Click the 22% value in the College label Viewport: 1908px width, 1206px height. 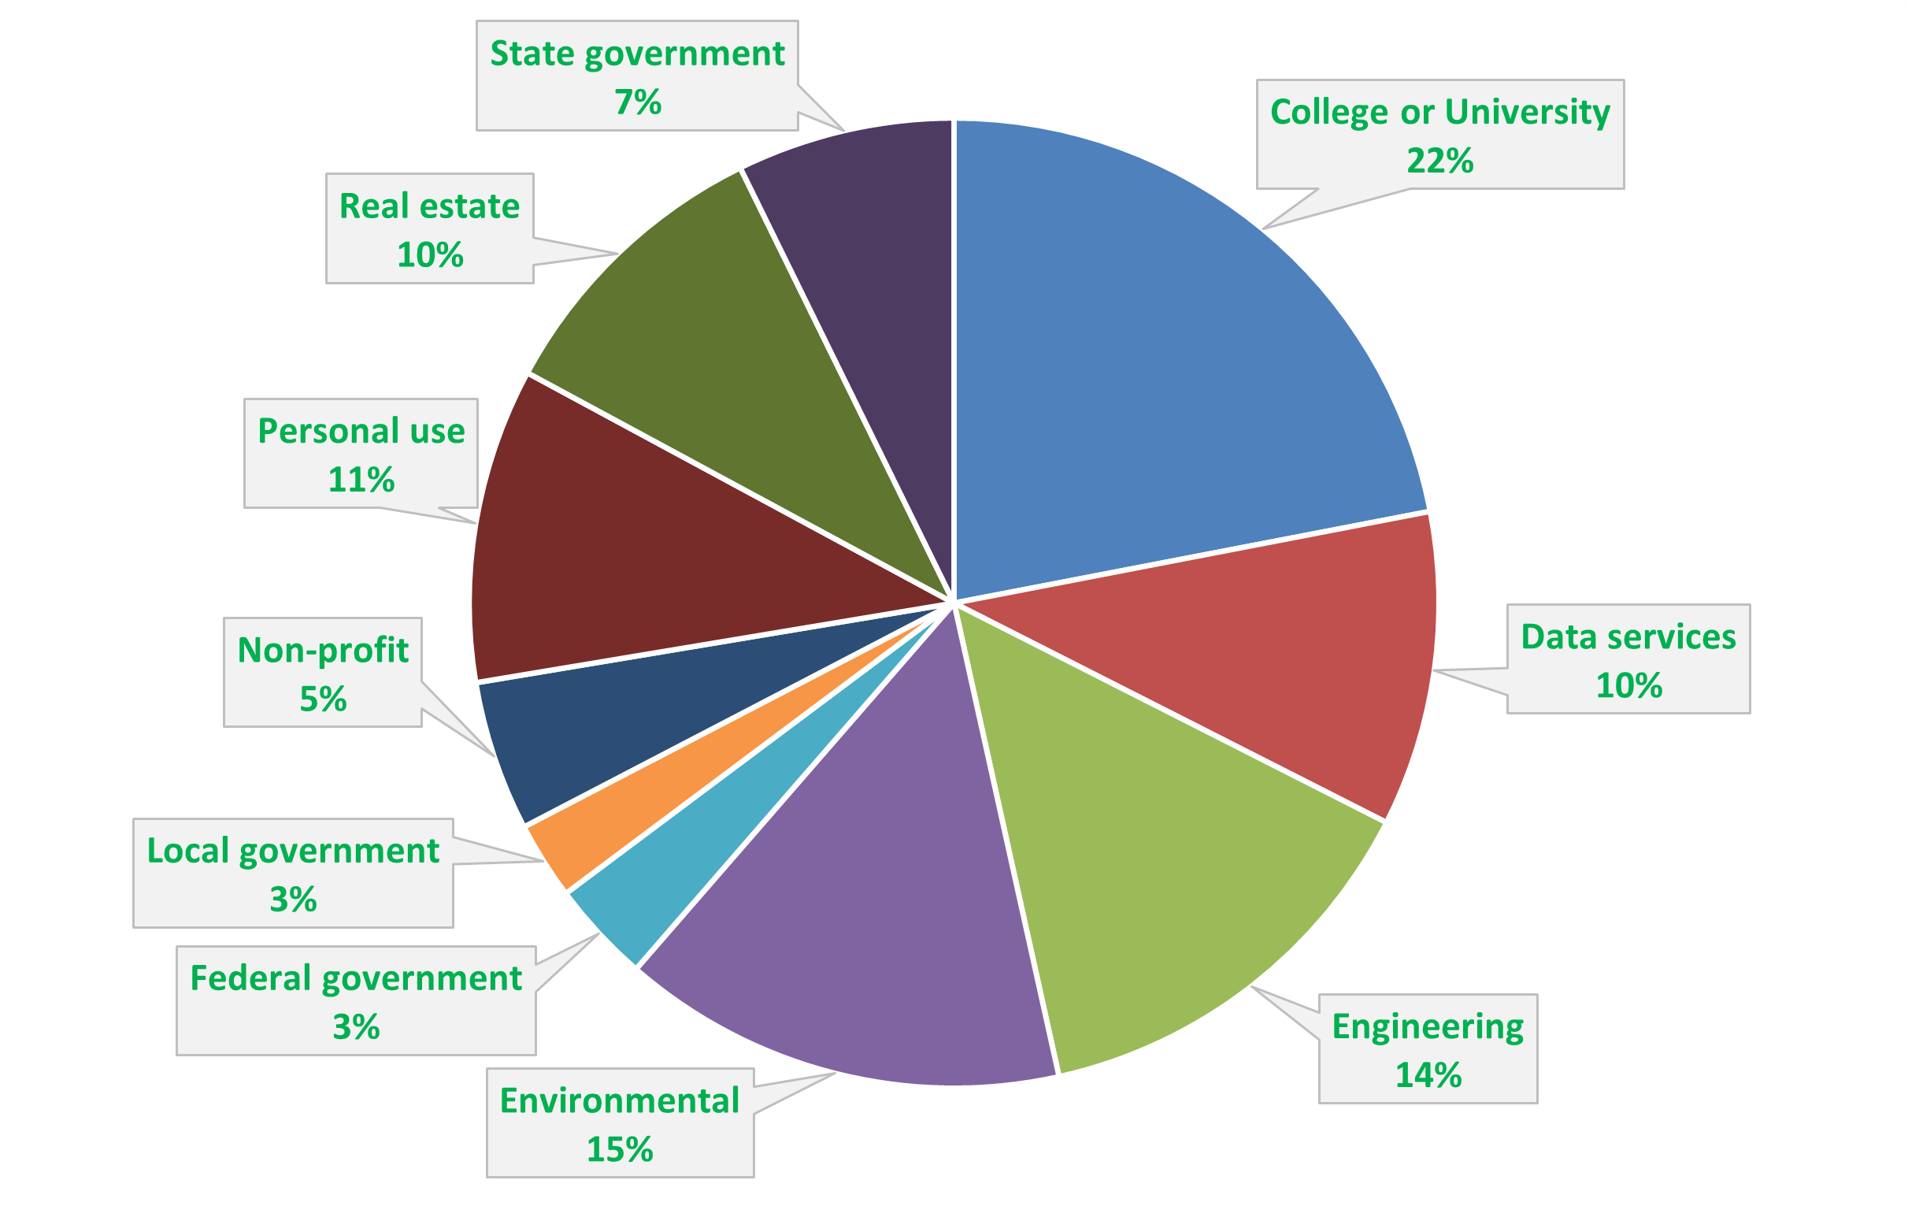click(1439, 161)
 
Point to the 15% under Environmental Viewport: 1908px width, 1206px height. click(620, 1149)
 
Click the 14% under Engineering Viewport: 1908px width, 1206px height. click(1428, 1075)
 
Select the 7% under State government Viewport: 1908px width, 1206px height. click(637, 102)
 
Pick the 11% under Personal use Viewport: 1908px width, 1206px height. click(361, 480)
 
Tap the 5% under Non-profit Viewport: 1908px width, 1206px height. click(323, 699)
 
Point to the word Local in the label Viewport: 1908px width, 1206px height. click(187, 851)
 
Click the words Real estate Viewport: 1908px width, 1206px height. click(429, 206)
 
